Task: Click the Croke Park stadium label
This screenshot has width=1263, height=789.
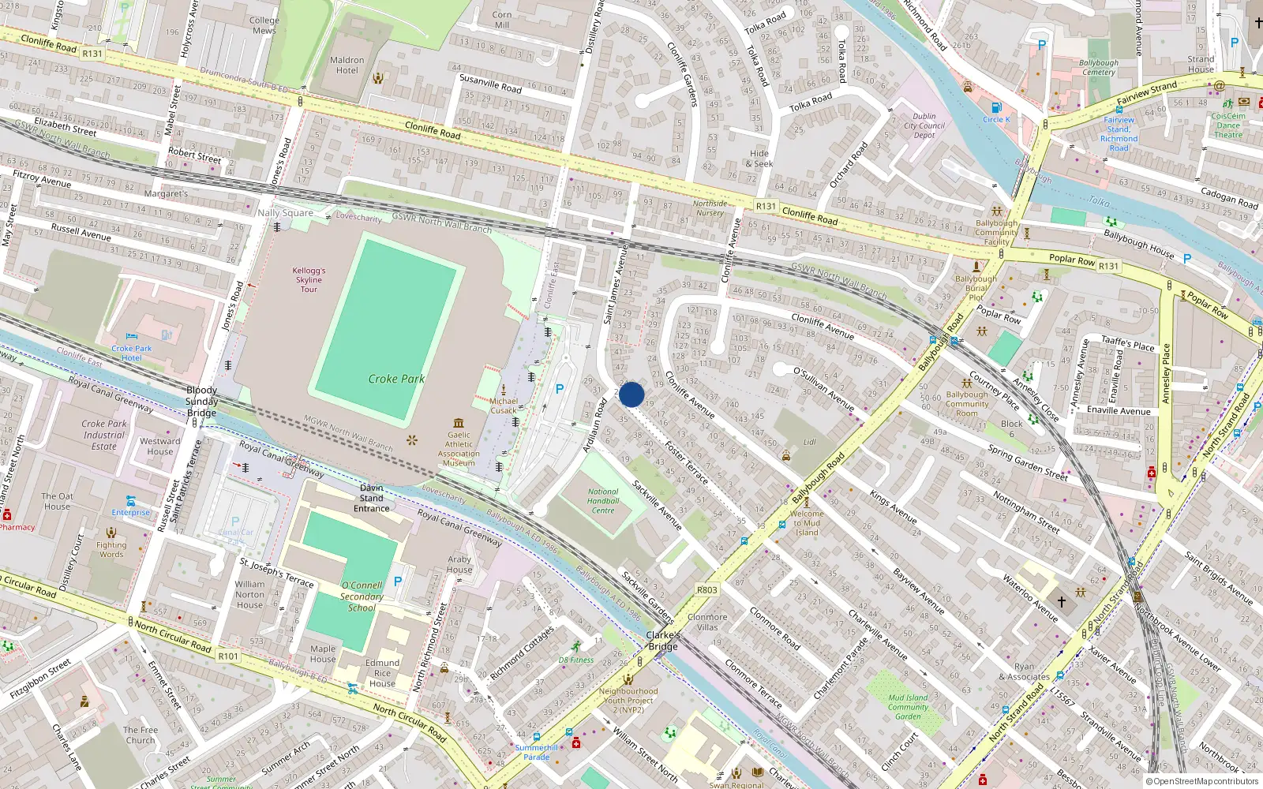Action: click(396, 379)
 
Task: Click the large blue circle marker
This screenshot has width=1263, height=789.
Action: click(631, 394)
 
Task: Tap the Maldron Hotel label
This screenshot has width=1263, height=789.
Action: click(347, 65)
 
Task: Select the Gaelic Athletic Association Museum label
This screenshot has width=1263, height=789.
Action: click(459, 448)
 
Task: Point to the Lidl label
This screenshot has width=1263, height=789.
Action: click(809, 443)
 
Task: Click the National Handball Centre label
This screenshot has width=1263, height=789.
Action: click(603, 501)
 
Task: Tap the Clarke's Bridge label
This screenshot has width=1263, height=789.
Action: click(663, 641)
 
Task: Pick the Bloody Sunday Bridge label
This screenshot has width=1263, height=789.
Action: click(201, 402)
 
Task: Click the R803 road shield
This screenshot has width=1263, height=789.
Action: click(707, 590)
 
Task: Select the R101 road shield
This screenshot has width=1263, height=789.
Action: click(228, 656)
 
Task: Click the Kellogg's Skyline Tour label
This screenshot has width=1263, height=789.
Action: click(309, 279)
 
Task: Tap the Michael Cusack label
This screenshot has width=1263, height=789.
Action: click(504, 406)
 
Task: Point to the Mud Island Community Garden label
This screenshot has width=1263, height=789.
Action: click(908, 707)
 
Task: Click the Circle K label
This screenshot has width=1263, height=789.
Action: click(996, 119)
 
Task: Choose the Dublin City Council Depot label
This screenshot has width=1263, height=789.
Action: click(924, 125)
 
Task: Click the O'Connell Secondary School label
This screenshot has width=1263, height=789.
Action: click(362, 596)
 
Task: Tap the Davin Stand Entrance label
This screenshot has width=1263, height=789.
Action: click(372, 498)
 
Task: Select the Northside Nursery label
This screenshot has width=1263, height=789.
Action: click(710, 208)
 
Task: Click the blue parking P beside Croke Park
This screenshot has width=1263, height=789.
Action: click(560, 389)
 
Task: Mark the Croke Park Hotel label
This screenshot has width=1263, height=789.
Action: click(131, 353)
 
